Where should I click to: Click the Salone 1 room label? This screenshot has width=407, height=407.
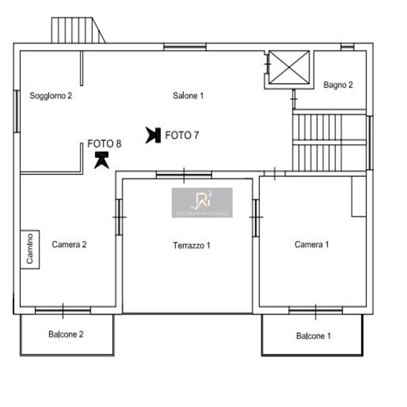[x=188, y=96]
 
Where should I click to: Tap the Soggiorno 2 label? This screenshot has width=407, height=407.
[x=51, y=96]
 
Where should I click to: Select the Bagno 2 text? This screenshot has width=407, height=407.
[x=338, y=85]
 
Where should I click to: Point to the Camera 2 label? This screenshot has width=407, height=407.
[x=69, y=244]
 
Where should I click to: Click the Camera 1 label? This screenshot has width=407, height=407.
[x=312, y=244]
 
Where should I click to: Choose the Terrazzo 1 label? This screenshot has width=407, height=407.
[x=192, y=245]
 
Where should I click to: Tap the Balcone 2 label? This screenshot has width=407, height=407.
[x=66, y=334]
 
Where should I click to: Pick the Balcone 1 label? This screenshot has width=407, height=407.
[x=313, y=336]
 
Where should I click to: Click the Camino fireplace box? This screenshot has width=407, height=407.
[x=30, y=249]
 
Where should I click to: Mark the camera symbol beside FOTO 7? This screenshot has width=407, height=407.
[x=153, y=135]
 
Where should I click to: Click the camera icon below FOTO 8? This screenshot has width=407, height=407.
[x=102, y=160]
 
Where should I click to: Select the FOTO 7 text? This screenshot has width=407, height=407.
[x=182, y=135]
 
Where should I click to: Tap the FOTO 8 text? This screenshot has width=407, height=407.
[x=104, y=144]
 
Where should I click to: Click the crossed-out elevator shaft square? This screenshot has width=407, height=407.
[x=289, y=67]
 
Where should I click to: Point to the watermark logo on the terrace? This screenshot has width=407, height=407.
[x=202, y=203]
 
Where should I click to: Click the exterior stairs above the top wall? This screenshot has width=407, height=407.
[x=78, y=30]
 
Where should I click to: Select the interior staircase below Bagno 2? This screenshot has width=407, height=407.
[x=329, y=142]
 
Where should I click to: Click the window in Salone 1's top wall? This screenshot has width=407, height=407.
[x=185, y=47]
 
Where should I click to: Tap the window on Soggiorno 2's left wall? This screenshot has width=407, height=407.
[x=17, y=111]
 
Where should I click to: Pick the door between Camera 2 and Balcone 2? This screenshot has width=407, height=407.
[x=63, y=311]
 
